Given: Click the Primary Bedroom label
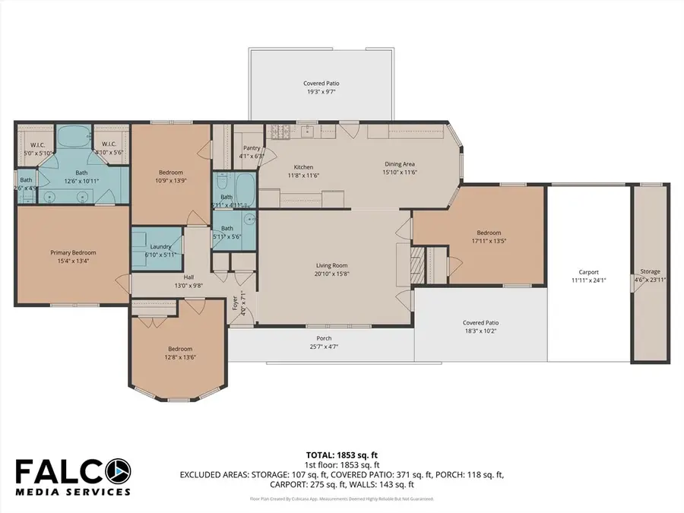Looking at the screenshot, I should (x=73, y=252).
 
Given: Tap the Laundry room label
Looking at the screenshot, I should (x=160, y=246).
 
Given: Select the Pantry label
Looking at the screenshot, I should (x=252, y=148).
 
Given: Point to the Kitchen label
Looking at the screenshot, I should (x=303, y=167).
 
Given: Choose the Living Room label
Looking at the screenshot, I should (x=331, y=265).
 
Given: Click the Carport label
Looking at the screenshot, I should (x=589, y=271).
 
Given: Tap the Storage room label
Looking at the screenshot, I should (x=650, y=271).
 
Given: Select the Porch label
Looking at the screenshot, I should (x=324, y=338).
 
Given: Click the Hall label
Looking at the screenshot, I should (x=188, y=277).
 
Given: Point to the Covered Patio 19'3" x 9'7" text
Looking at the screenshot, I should (x=320, y=91).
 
